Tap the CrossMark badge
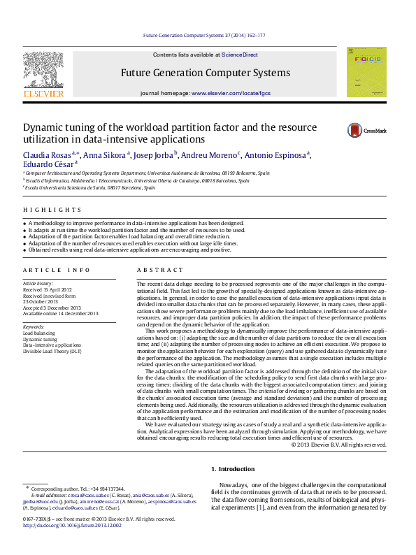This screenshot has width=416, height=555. [x=367, y=131]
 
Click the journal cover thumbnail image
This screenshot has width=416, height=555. [x=366, y=72]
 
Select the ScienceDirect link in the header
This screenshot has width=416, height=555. [x=241, y=55]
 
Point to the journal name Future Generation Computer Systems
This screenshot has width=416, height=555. [x=206, y=73]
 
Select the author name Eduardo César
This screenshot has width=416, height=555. [x=47, y=165]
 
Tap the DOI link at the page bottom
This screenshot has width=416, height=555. [x=72, y=526]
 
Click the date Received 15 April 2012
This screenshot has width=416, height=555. [x=48, y=289]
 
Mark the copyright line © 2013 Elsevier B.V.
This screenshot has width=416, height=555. [x=338, y=445]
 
